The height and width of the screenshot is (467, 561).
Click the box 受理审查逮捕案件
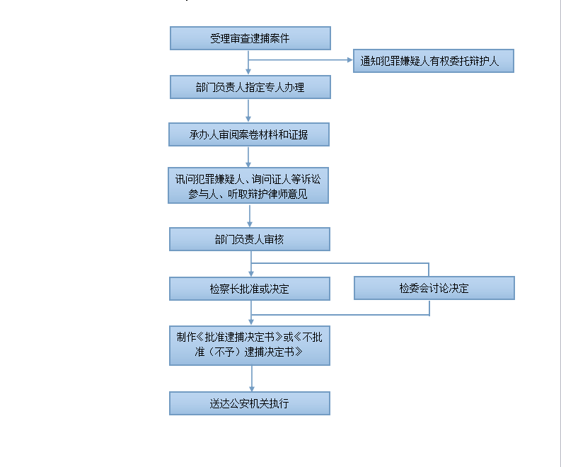tap(250, 38)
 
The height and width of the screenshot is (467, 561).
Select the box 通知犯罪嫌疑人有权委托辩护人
tap(433, 61)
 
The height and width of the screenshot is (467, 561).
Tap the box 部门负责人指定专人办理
tap(250, 87)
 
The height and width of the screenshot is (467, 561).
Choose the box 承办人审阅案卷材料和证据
tap(248, 134)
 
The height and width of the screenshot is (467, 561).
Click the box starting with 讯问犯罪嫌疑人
tap(248, 185)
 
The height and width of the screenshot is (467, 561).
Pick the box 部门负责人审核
tap(250, 239)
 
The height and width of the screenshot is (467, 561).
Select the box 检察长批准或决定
tap(250, 289)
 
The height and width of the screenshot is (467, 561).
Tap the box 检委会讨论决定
tap(434, 288)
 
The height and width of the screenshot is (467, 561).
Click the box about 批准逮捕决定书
tap(250, 345)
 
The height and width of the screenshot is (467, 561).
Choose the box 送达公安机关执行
tap(250, 403)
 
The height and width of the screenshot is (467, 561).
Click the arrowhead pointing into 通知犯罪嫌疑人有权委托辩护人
tap(350, 59)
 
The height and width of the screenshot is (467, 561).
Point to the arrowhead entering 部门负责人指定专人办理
tap(248, 72)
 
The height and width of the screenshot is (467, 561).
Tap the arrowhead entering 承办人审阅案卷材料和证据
tap(248, 120)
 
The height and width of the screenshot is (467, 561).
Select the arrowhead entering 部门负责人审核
tap(250, 224)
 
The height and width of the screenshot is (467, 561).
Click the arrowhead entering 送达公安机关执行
tap(252, 388)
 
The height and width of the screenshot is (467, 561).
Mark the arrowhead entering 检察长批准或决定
tap(251, 273)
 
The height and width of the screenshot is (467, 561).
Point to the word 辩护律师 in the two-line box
tap(267, 194)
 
